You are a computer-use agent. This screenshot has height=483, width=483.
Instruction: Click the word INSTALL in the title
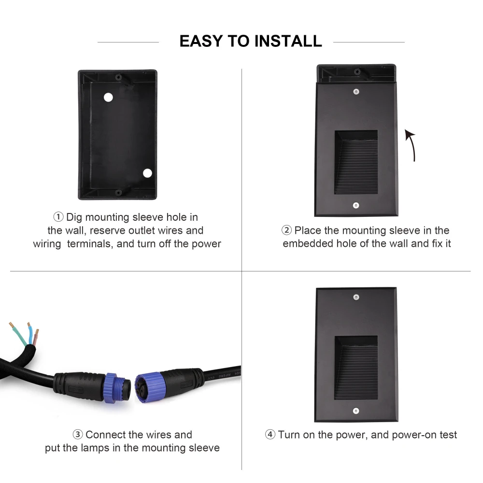[x=288, y=41]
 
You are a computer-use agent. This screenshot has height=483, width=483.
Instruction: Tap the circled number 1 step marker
[x=58, y=217]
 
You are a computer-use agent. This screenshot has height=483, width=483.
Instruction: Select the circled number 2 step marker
[x=286, y=230]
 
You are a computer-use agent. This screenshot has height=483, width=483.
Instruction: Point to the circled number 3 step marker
[x=78, y=434]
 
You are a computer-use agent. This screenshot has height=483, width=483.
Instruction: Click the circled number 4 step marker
[x=270, y=434]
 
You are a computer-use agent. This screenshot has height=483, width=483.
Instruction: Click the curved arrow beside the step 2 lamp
[x=412, y=145]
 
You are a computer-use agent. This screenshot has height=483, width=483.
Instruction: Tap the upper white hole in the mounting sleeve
[x=108, y=98]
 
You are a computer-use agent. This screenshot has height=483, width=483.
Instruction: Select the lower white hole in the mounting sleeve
[x=147, y=173]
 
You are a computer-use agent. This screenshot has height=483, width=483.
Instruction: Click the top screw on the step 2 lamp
[x=356, y=91]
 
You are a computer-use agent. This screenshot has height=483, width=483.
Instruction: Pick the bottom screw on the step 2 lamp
[x=356, y=205]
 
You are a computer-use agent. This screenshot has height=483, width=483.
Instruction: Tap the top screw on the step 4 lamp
[x=356, y=297]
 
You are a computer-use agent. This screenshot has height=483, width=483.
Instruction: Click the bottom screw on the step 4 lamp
[x=356, y=411]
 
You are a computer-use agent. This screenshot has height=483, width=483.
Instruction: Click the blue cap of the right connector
[x=148, y=387]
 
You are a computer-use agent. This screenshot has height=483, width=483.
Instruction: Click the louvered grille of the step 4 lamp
[x=356, y=368]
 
